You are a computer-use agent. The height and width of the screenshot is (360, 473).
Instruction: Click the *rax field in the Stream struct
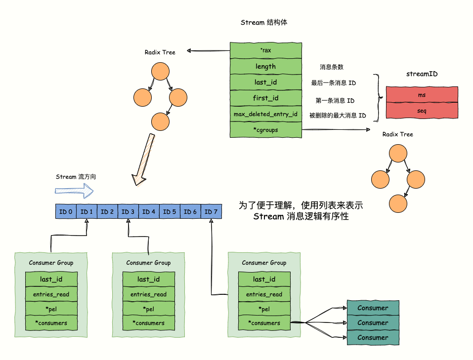point(265,50)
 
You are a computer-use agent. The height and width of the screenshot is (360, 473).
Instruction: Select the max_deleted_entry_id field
point(265,114)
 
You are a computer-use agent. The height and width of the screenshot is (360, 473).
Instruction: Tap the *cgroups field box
point(265,130)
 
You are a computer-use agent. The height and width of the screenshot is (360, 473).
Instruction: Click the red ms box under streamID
point(422,94)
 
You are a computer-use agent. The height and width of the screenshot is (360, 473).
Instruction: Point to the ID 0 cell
point(66,212)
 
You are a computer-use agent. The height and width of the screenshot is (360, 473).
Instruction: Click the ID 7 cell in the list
point(211,212)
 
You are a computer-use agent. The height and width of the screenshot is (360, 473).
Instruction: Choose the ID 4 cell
point(149,212)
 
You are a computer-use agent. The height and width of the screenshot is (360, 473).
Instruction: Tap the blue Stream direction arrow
point(74,191)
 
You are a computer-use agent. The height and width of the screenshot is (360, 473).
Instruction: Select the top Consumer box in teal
point(373,308)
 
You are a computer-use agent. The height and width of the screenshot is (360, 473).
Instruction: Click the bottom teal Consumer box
point(373,338)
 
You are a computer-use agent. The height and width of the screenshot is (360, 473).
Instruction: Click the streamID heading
point(422,74)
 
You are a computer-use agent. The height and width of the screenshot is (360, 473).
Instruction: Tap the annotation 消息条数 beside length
point(331,67)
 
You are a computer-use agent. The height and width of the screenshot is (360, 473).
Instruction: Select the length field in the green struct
point(265,66)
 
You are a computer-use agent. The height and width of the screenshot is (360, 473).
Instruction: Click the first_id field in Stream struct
point(265,98)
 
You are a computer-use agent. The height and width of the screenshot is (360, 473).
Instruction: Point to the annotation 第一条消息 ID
point(335,101)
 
